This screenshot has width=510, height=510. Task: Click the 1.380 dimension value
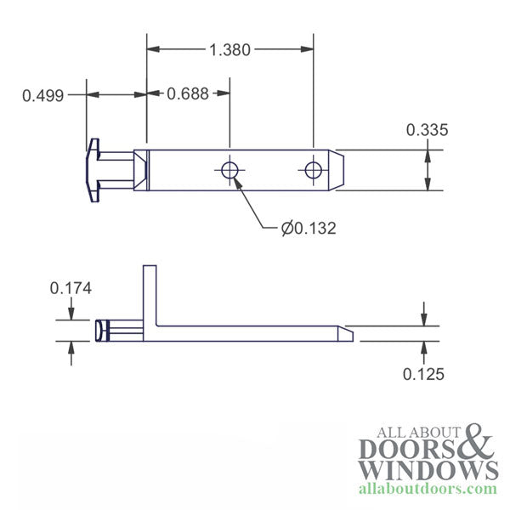229,50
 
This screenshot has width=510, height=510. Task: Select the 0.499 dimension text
42,95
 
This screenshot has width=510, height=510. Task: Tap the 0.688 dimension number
185,95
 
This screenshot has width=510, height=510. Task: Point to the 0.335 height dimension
427,130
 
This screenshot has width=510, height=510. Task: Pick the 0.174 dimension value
71,288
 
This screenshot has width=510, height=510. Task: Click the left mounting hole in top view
229,170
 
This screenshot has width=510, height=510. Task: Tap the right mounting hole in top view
314,170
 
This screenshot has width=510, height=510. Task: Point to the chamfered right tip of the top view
337,170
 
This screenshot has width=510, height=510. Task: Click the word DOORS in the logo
410,450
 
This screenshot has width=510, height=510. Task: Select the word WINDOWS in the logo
428,470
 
